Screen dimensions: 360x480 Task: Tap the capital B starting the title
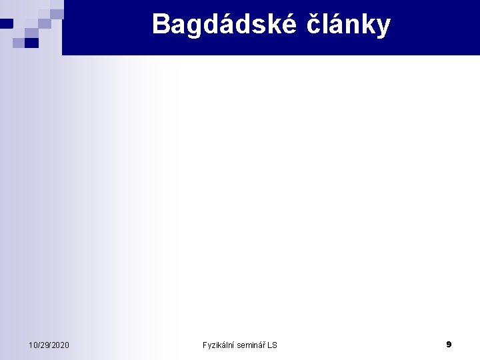(x=161, y=25)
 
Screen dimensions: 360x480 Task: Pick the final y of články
(x=383, y=27)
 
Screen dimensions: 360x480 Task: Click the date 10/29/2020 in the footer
(x=49, y=345)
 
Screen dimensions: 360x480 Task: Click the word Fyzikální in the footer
(x=219, y=345)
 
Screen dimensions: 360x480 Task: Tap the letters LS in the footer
(x=272, y=345)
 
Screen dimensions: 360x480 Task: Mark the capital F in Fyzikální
(x=205, y=345)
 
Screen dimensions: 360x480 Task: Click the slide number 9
(x=449, y=344)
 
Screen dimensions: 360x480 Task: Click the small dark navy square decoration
(x=31, y=43)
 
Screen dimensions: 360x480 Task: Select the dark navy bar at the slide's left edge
(x=6, y=23)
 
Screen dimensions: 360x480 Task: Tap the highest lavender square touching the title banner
(x=57, y=13)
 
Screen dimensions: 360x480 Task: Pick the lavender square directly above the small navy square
(x=31, y=33)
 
